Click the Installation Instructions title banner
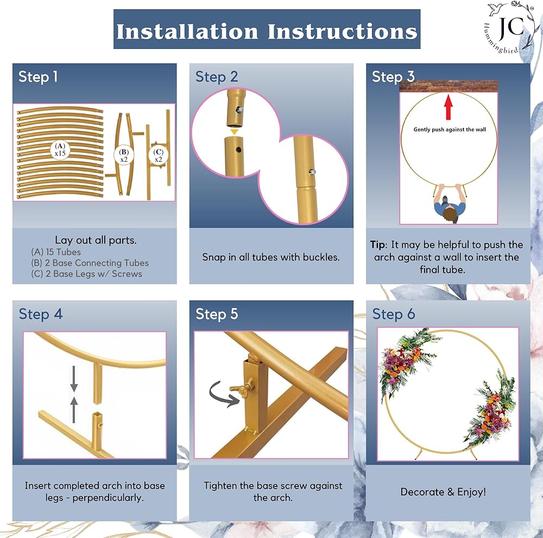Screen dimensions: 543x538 pos(267,29)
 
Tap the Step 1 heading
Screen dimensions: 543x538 pos(38,77)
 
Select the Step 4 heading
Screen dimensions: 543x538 pos(41,314)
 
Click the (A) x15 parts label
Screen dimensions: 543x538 pos(60,149)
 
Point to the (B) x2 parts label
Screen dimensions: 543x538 pos(124,155)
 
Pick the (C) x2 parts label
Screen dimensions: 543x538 pos(158,155)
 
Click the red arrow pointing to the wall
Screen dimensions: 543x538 pos(449,107)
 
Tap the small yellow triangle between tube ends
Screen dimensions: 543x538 pos(235,132)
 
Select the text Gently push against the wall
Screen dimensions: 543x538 pos(450,130)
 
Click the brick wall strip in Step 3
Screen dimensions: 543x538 pos(449,86)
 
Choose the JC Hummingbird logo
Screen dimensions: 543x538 pos(509,28)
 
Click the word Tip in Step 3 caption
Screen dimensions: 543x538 pos(377,245)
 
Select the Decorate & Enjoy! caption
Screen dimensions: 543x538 pos(443,492)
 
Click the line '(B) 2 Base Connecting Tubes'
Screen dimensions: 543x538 pos(90,263)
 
